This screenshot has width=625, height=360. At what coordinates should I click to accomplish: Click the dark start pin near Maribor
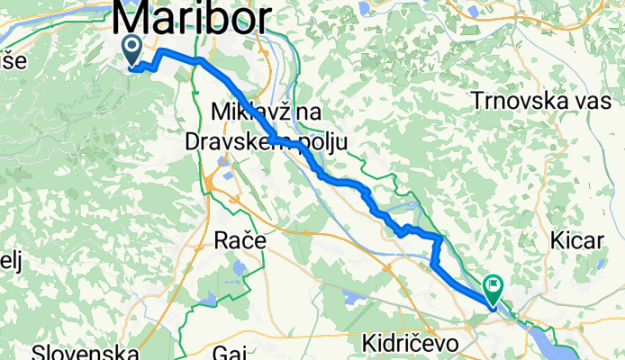click(131, 50)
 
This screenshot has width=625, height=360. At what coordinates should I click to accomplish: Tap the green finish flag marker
click(494, 288)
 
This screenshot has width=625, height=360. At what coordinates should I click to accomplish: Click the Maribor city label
click(192, 18)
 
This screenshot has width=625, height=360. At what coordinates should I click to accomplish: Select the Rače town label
click(236, 240)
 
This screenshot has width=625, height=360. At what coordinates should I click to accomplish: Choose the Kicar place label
click(575, 240)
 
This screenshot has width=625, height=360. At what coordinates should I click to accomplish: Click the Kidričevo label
click(411, 343)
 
